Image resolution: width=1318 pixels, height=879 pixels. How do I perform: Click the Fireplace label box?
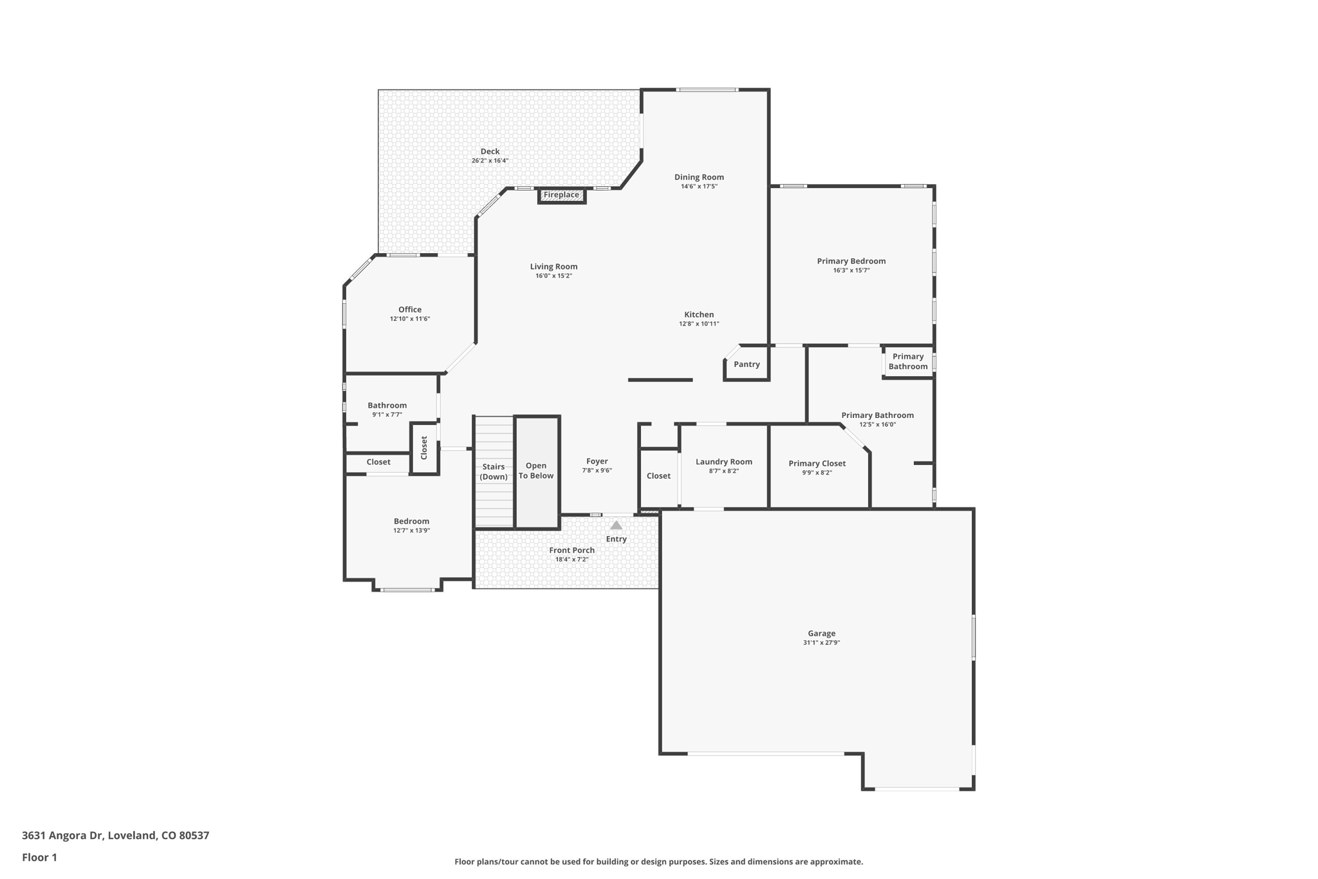561,194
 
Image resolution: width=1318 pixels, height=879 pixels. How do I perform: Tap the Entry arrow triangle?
616,525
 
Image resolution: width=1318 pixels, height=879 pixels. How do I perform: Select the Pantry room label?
747,364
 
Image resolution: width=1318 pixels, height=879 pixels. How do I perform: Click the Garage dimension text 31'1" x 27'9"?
821,643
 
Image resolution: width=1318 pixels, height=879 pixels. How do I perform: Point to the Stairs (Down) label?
494,471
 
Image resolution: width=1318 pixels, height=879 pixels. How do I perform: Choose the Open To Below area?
536,471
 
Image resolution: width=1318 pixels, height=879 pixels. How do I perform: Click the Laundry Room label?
723,462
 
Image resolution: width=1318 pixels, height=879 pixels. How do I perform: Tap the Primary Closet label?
817,464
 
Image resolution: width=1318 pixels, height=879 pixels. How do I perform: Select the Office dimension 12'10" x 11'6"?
409,319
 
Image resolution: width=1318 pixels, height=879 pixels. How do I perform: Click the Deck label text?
490,151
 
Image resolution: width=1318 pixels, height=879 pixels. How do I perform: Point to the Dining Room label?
699,177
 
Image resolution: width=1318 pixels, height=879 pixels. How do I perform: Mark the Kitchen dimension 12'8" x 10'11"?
699,324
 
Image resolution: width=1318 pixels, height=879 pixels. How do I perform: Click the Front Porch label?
571,550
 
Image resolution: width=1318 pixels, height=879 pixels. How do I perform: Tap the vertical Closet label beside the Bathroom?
424,448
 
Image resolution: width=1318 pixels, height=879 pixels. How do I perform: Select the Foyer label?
597,461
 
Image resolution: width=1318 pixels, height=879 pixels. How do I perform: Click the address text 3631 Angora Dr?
62,835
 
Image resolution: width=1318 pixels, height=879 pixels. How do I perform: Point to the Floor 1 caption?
39,857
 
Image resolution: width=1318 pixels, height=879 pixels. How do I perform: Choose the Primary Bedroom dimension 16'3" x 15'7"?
851,270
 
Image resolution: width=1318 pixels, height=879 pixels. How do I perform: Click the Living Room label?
553,267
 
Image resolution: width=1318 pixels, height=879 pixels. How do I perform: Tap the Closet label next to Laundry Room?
658,476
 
